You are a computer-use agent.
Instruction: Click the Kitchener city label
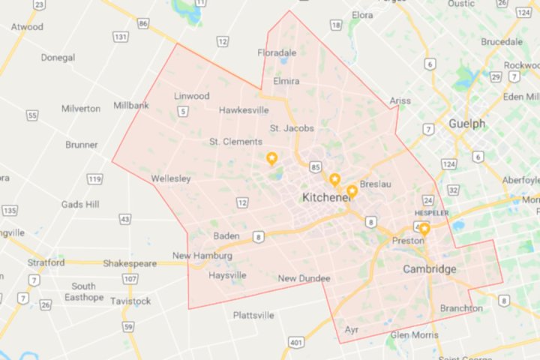coord(327,197)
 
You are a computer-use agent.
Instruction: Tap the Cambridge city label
coord(429,269)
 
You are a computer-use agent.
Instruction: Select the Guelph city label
coord(466,124)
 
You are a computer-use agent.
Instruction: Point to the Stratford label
coord(46,262)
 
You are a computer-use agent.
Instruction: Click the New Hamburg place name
coord(202,256)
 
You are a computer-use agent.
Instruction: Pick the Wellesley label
coord(170,178)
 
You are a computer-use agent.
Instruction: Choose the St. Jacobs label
coord(292,128)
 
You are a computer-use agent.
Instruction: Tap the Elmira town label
coord(286,81)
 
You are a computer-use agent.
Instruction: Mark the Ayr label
coord(351,329)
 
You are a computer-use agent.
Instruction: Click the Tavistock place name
coord(131,301)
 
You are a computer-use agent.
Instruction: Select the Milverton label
coord(81,109)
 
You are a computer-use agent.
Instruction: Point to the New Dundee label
coord(304,279)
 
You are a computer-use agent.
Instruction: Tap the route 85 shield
coord(315,166)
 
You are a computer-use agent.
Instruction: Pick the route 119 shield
coord(94,178)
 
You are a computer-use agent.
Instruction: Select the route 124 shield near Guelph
coord(448,163)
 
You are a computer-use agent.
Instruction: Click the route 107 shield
coord(130,279)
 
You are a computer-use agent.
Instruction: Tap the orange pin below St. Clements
coord(271,158)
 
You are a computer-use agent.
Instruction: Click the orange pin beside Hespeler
coord(424,229)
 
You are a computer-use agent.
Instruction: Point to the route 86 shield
coord(142,24)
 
